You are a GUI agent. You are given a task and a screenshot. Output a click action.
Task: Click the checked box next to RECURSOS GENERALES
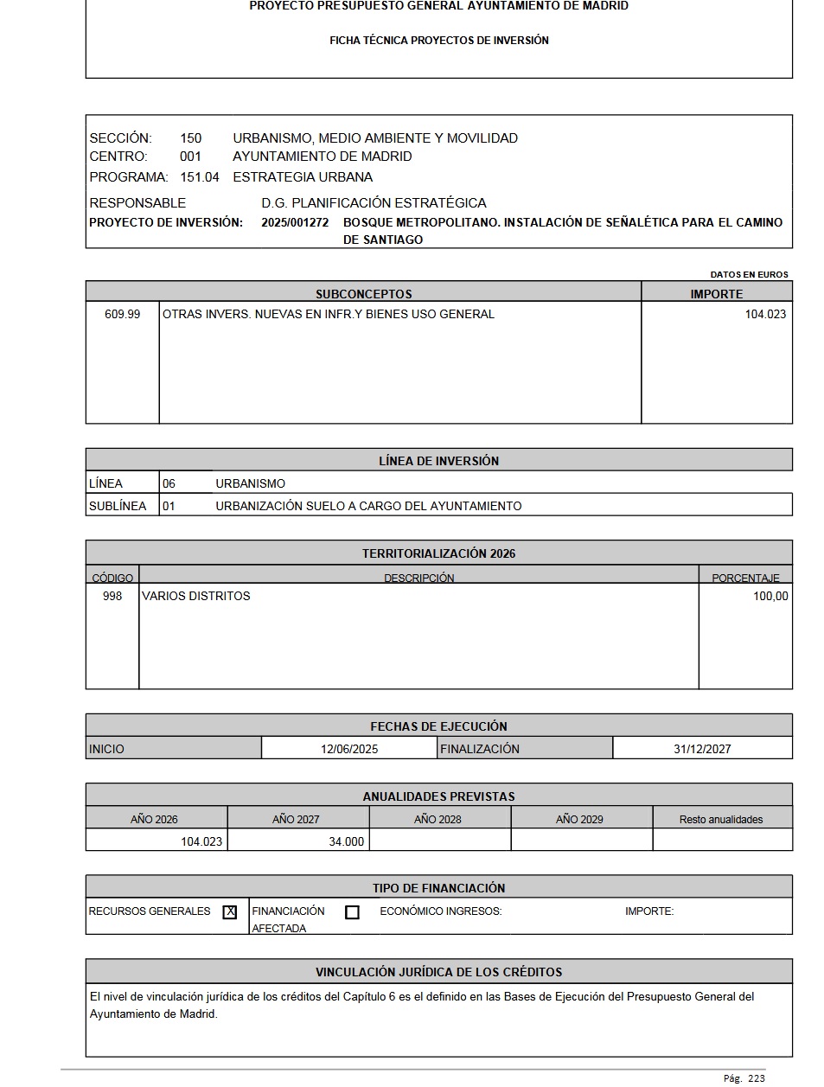pos(230,911)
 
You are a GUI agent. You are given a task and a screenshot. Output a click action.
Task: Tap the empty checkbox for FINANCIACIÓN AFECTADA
pos(352,912)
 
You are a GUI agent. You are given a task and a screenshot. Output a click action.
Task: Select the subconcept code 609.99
pos(122,314)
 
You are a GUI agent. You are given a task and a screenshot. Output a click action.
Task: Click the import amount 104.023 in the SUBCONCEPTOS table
pos(765,314)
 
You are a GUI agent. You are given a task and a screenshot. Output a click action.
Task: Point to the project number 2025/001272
pos(295,222)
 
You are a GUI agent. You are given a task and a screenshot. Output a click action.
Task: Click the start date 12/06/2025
pos(349,749)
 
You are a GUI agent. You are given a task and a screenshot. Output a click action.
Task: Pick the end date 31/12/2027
pos(702,749)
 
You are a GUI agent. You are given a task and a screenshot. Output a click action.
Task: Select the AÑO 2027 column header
pos(296,819)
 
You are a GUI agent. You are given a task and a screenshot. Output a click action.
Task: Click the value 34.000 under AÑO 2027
pos(346,841)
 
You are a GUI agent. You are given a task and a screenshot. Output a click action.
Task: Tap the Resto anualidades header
pos(721,819)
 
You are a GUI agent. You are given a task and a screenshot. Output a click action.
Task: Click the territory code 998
pos(112,596)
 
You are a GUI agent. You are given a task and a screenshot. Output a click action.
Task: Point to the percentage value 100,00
pos(770,596)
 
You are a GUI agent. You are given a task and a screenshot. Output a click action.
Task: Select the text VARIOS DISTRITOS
pos(196,596)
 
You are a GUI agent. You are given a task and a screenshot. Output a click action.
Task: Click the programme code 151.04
pos(200,177)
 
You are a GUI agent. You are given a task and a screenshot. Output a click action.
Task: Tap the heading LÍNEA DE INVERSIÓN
pos(438,461)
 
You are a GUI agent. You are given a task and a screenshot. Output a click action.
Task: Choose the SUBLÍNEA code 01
pos(169,506)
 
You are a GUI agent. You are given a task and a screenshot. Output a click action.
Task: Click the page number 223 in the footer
pos(757,1078)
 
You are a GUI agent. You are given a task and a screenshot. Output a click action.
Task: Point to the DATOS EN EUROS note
pos(749,274)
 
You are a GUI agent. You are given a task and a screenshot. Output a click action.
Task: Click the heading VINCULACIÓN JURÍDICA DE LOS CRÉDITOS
pos(438,972)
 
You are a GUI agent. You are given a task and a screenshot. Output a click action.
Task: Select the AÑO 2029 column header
pos(579,819)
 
